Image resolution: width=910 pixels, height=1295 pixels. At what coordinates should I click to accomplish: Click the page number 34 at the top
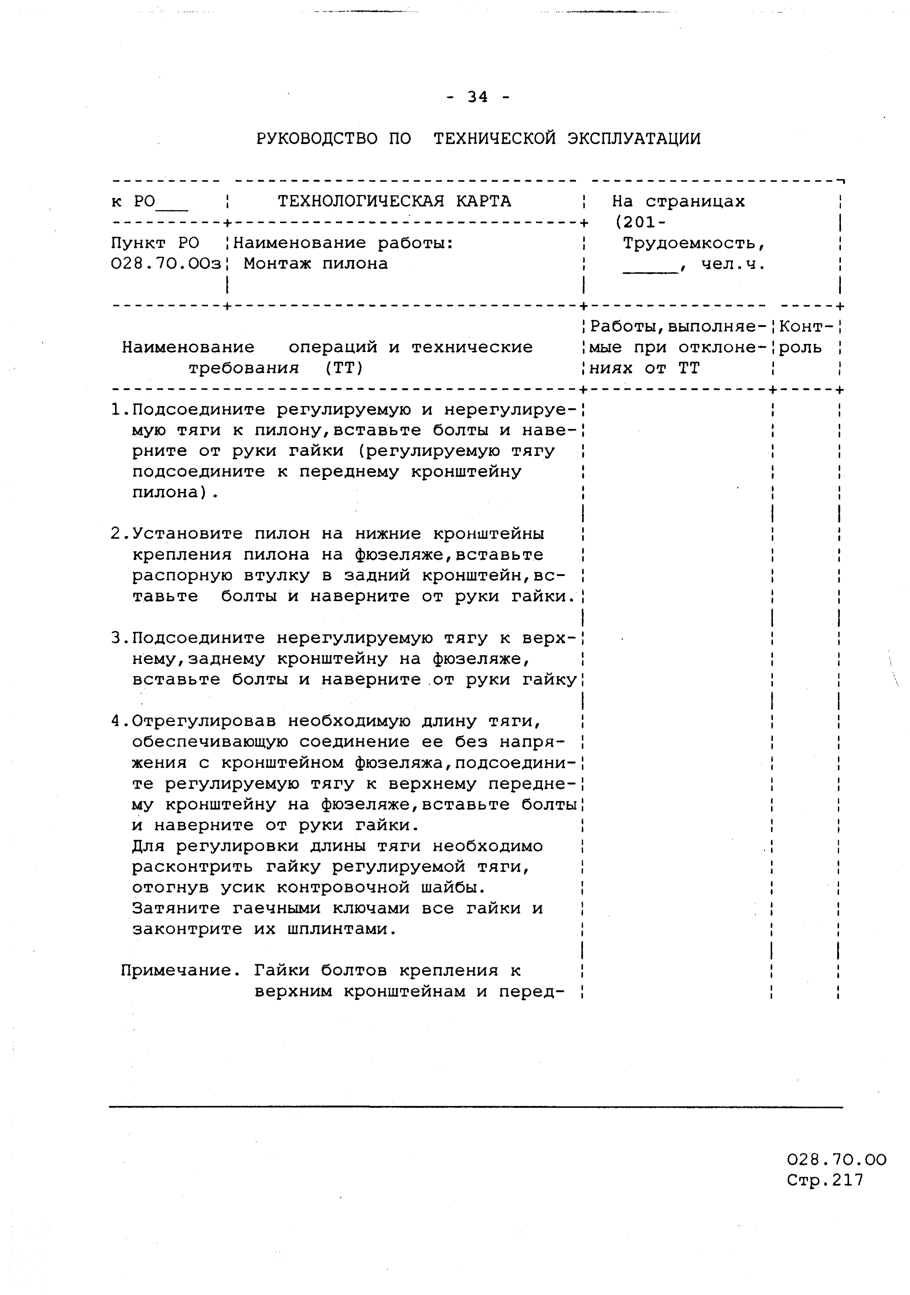click(477, 98)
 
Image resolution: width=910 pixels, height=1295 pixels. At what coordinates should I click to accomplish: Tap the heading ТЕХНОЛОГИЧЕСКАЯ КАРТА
click(394, 201)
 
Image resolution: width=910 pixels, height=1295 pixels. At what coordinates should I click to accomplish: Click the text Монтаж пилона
click(316, 264)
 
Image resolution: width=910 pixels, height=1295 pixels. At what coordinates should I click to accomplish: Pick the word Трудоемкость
click(693, 243)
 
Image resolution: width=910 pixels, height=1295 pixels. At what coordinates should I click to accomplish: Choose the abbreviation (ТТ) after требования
click(344, 368)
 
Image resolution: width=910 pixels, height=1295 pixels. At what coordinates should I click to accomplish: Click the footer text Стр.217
click(825, 1180)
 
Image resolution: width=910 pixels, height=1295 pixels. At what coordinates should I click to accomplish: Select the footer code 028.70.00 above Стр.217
click(836, 1160)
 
